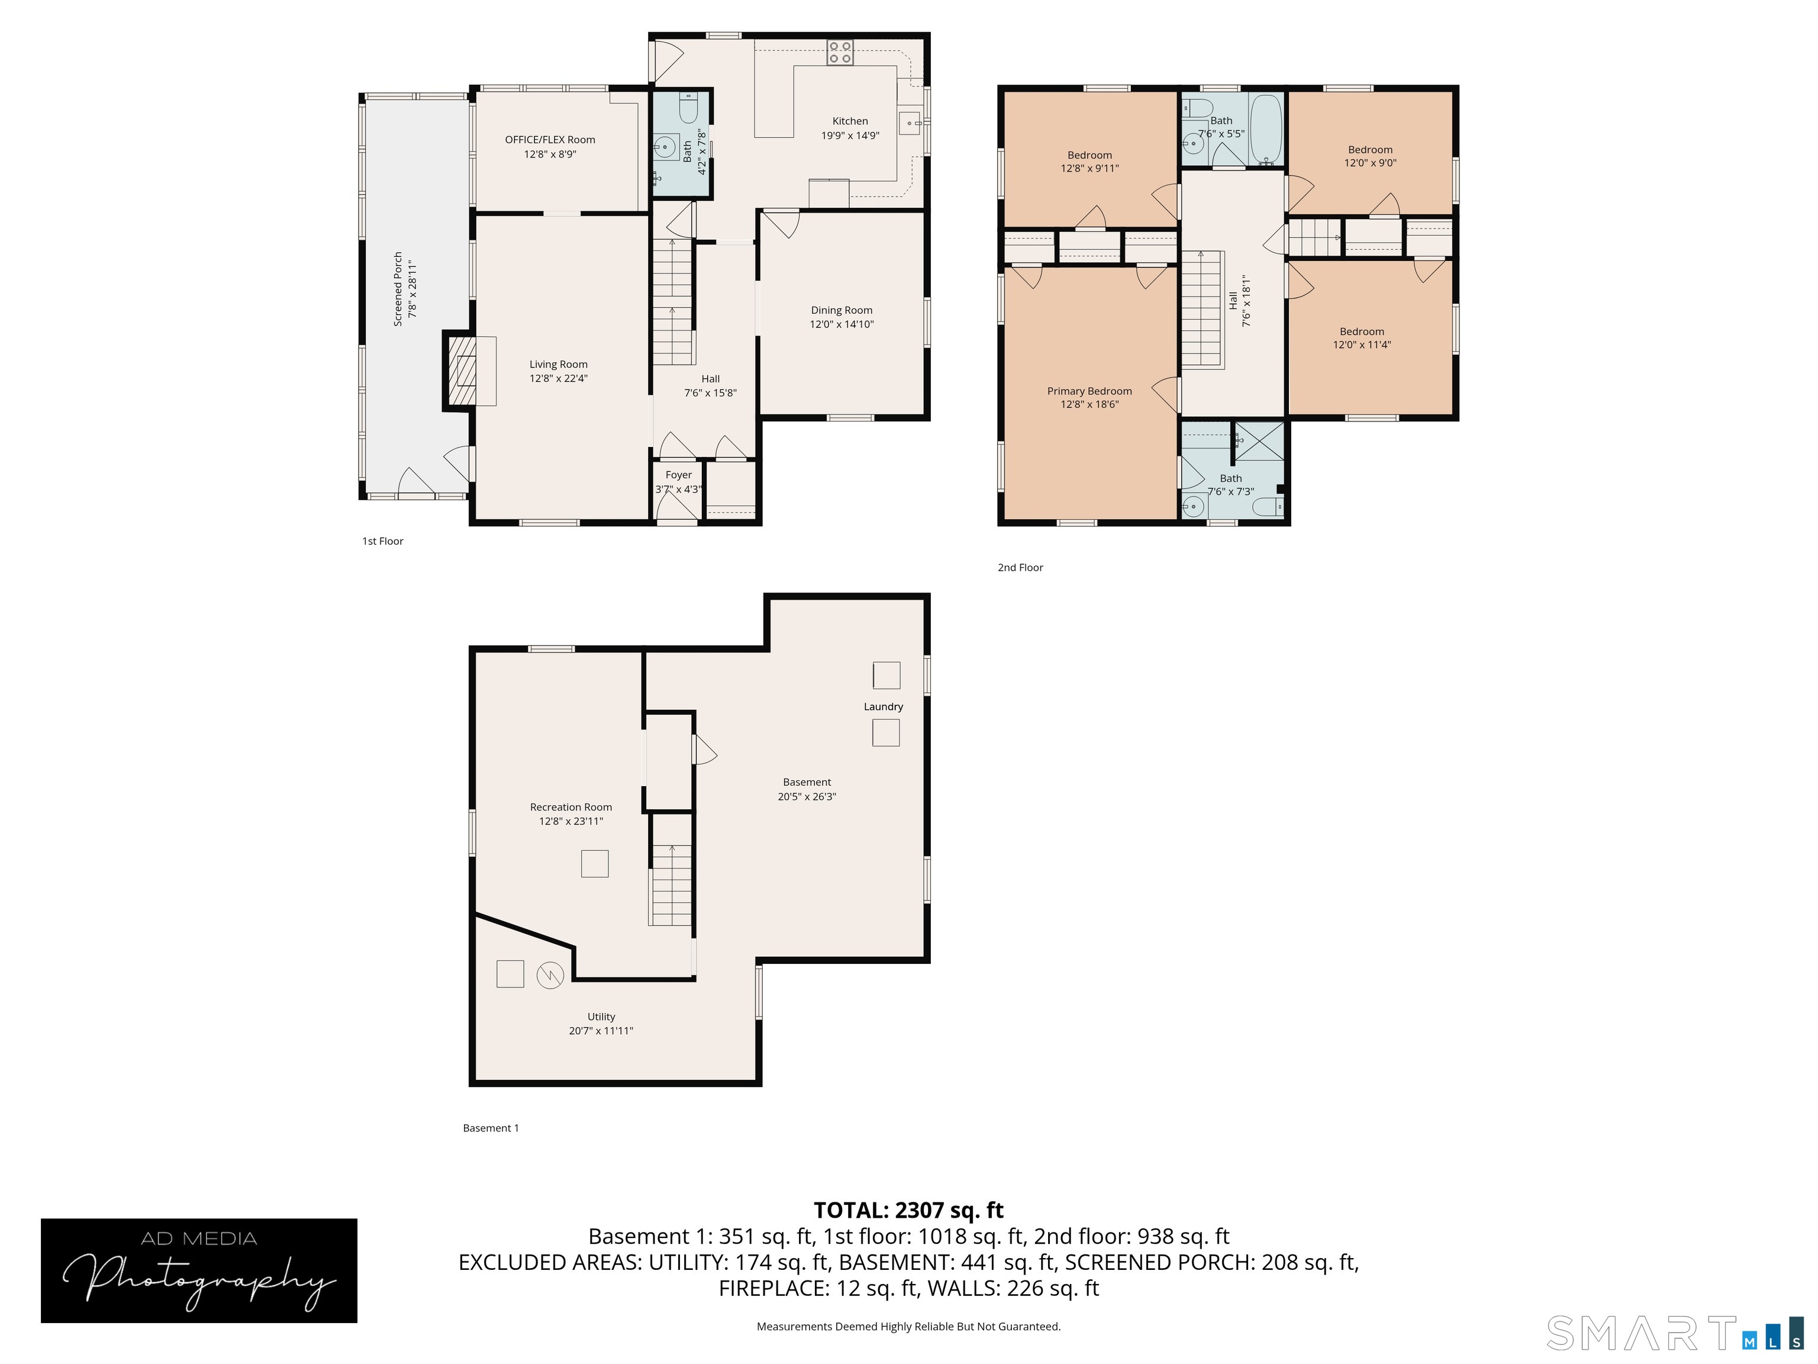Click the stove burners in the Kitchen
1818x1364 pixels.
[840, 53]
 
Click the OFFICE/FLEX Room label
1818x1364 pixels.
[550, 140]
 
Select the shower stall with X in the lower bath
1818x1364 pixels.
[1260, 442]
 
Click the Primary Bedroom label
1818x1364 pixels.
[1089, 391]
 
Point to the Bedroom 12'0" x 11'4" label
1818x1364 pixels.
[1362, 338]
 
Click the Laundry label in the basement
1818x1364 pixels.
[883, 707]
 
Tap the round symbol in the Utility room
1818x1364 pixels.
[550, 976]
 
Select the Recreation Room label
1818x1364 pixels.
[570, 808]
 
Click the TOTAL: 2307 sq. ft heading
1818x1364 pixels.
[908, 1210]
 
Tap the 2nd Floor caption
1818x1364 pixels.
[1020, 567]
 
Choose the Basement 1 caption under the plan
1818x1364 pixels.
[491, 1128]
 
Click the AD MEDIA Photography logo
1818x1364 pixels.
[199, 1270]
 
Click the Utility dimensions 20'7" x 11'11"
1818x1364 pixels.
[601, 1031]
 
